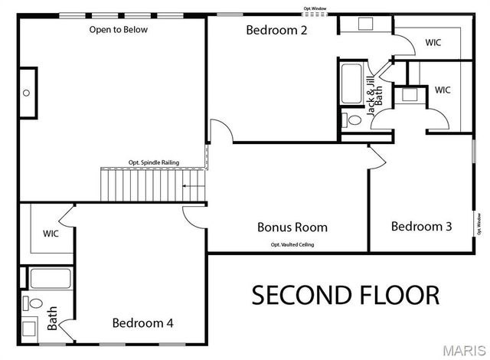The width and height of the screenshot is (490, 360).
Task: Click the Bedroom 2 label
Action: click(x=276, y=31)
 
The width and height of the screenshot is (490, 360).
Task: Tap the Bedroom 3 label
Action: click(x=421, y=226)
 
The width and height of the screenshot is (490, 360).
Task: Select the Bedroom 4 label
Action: click(x=142, y=322)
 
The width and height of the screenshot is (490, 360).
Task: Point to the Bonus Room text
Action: click(x=292, y=227)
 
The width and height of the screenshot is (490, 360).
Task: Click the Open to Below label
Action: click(x=118, y=30)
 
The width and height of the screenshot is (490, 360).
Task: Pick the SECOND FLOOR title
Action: click(x=346, y=295)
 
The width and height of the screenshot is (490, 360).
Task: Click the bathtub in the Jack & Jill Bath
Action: click(x=353, y=85)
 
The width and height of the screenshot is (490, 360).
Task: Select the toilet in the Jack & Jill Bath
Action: click(x=352, y=121)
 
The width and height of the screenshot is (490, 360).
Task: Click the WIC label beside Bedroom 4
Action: click(x=51, y=233)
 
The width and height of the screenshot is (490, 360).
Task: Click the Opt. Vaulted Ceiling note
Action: click(x=292, y=245)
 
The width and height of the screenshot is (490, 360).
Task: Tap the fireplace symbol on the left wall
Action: click(x=27, y=93)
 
